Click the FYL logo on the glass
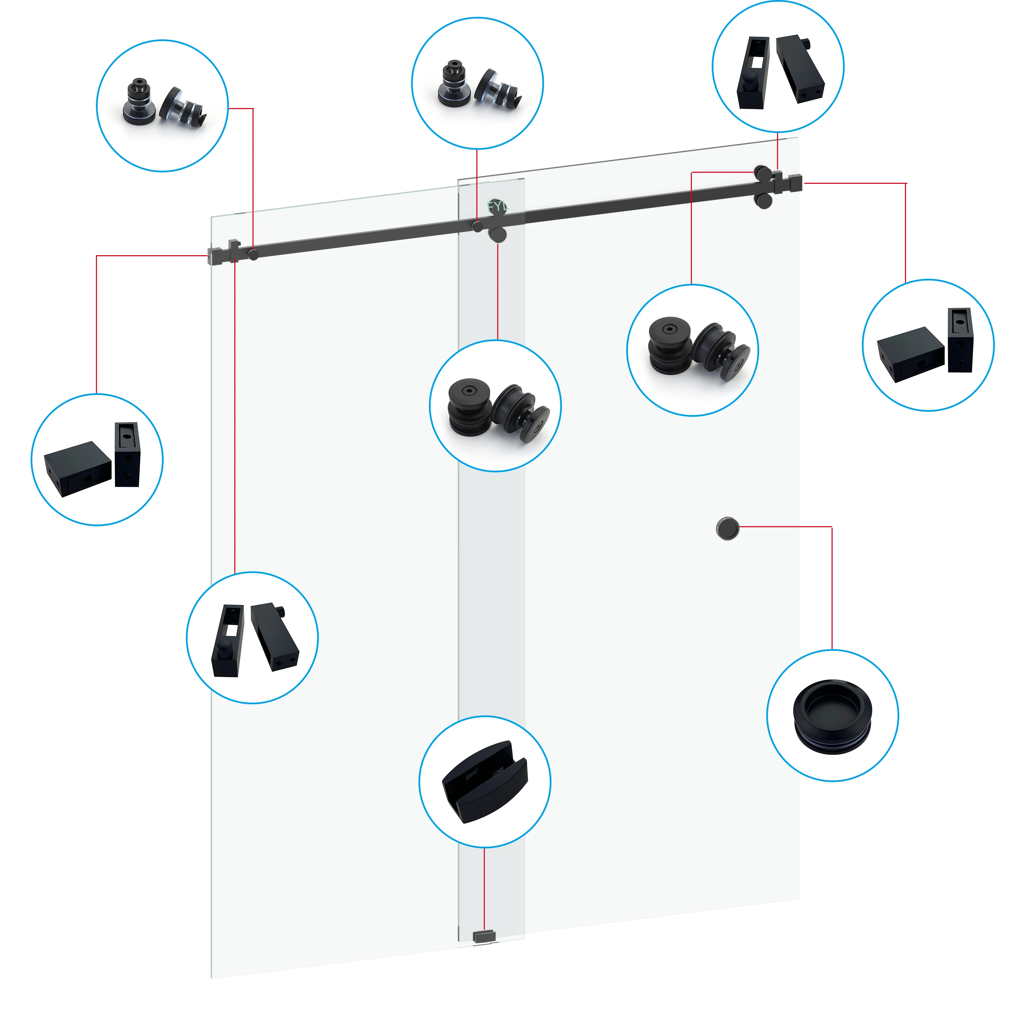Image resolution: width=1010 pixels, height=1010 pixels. pos(497,206)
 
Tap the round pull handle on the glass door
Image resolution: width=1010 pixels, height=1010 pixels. pos(727,529)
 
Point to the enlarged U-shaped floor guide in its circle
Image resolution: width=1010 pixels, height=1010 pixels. pos(484,781)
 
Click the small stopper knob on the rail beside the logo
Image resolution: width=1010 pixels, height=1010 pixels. pos(478,226)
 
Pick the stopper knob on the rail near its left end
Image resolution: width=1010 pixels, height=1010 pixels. pos(253,255)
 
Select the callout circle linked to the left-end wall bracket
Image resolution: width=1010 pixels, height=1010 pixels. pos(97,460)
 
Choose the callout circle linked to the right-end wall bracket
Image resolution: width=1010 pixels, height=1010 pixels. pos(928,345)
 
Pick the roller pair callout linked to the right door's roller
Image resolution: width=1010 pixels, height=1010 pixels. pos(692,350)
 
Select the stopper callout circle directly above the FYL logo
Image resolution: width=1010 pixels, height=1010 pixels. pos(477,83)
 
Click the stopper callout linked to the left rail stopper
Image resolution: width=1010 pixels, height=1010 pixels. pos(163,106)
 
